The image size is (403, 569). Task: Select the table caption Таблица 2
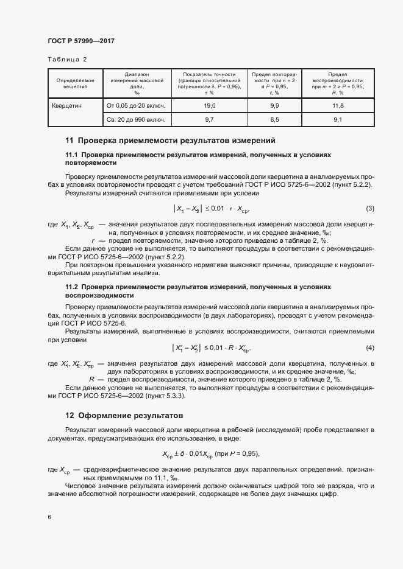click(67, 59)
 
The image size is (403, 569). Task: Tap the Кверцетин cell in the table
click(68, 105)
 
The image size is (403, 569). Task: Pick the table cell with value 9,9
click(274, 105)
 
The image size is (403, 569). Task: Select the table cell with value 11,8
click(338, 105)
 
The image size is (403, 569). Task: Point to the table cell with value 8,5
click(274, 120)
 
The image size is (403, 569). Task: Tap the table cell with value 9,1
click(338, 120)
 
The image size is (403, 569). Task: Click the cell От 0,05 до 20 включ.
click(137, 105)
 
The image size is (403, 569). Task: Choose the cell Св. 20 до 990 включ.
click(137, 120)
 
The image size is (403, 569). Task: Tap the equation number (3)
click(369, 209)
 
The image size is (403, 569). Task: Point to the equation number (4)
click(369, 347)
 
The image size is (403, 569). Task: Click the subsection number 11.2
click(71, 286)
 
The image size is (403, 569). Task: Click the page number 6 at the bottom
click(49, 517)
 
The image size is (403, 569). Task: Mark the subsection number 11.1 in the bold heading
click(71, 155)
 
